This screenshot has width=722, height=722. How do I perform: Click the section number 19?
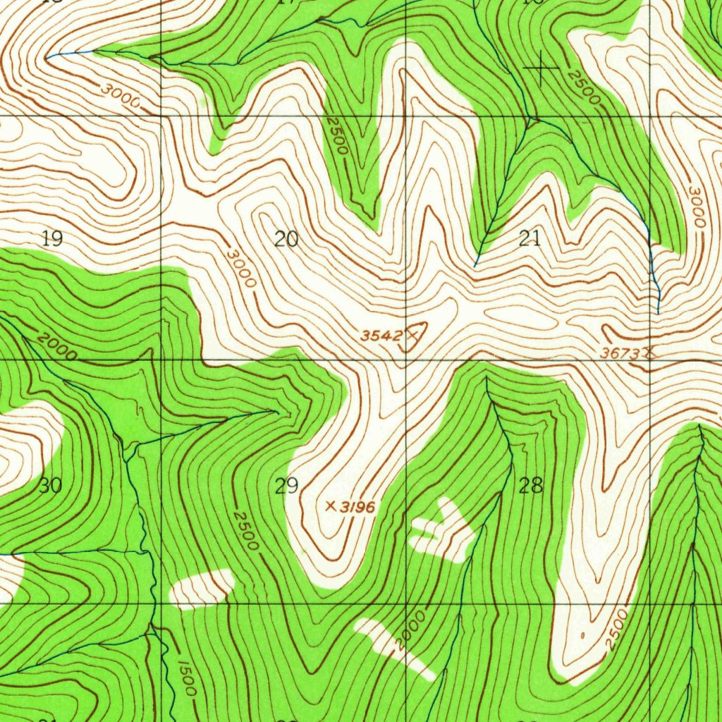coord(51,238)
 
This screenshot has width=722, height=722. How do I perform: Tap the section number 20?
coord(286,239)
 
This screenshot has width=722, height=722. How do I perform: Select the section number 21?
coord(530,238)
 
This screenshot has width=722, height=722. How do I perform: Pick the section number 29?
coord(287,486)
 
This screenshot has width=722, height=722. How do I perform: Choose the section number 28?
coord(531,485)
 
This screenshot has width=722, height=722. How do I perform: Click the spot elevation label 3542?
coord(381,336)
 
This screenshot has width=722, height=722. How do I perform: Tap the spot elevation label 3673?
coord(620,353)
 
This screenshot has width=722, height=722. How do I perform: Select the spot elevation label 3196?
coord(357,507)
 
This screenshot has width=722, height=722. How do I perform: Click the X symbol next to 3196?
coord(330,506)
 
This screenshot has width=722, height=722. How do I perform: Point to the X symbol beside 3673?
coord(649,353)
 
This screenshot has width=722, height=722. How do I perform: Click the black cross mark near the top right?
coord(541,68)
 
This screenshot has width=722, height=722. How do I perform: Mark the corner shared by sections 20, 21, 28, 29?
coord(407,360)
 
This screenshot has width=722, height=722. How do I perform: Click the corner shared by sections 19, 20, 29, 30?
coord(161,360)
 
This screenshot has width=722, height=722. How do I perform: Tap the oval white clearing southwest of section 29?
coord(202,589)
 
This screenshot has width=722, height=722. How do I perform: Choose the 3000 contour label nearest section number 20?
coord(242,267)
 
